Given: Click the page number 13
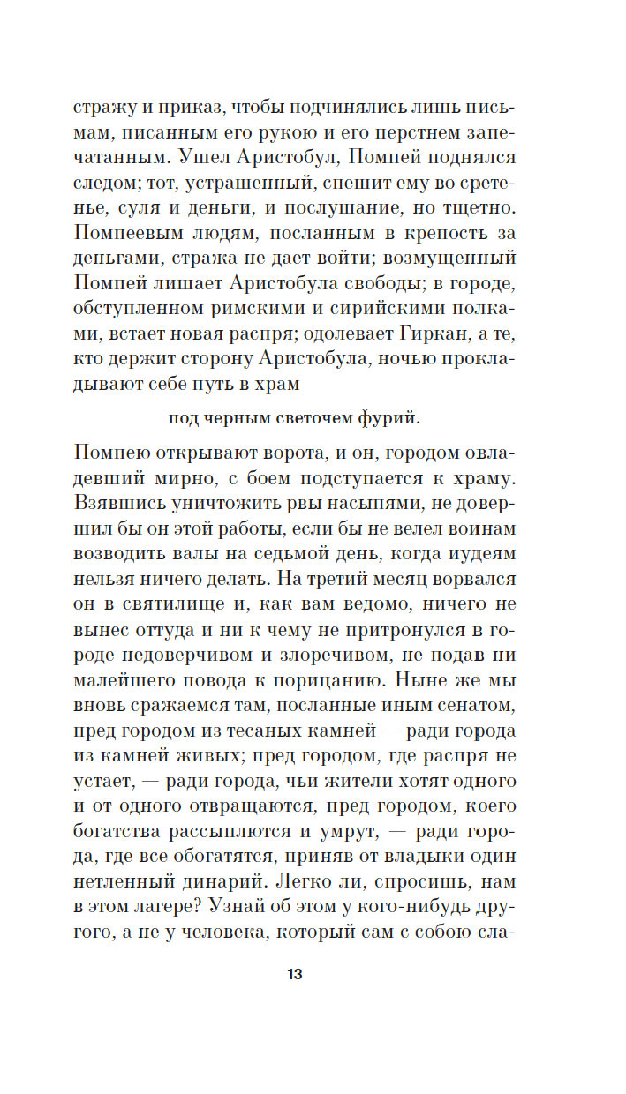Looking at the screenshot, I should click(295, 975).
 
